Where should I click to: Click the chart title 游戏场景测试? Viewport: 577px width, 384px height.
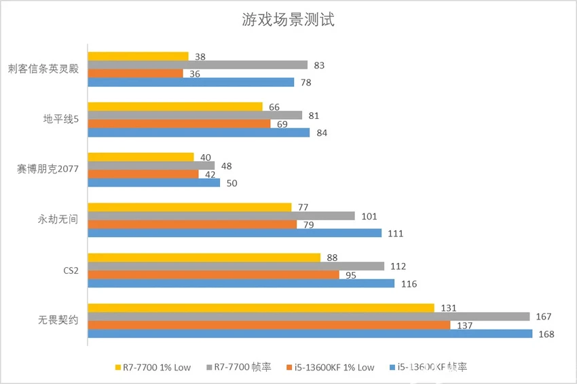pos(288,20)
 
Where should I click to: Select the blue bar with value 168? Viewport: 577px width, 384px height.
pos(310,334)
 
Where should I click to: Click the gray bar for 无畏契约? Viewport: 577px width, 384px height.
pos(309,316)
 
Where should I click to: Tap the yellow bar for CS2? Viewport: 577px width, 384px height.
pos(204,258)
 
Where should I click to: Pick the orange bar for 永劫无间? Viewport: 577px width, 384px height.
pos(192,224)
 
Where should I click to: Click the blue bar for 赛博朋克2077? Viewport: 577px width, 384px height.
pos(153,183)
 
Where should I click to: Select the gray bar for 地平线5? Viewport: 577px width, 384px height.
pos(195,116)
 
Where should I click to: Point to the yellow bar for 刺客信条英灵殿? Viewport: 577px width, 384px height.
pos(138,56)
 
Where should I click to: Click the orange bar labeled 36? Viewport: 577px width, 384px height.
pos(135,73)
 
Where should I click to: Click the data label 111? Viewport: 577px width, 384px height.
pos(396,234)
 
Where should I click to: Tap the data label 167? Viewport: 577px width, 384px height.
pos(544,317)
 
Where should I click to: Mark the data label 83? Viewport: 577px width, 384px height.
pos(320,65)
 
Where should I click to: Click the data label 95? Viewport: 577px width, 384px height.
pos(351,275)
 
